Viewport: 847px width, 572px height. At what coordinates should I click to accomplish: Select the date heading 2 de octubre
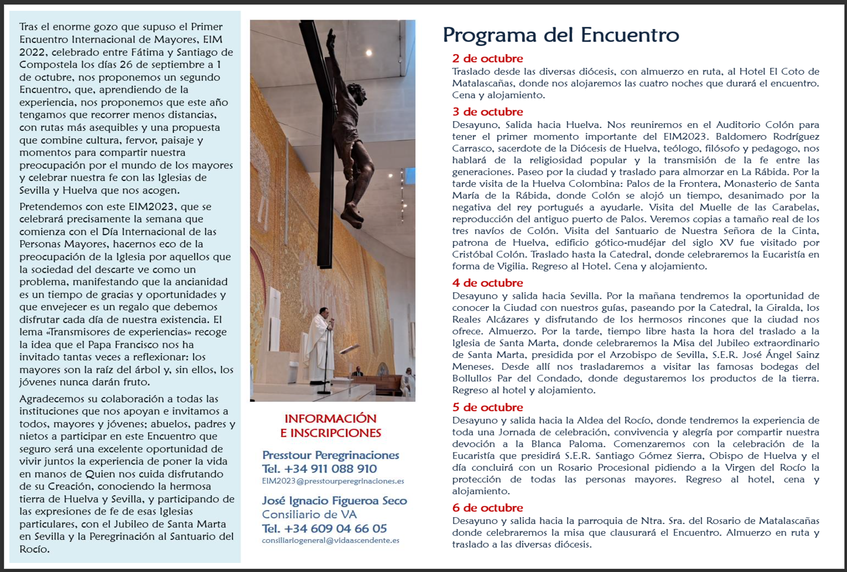[487, 58]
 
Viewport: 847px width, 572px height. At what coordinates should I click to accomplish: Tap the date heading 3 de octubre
[487, 112]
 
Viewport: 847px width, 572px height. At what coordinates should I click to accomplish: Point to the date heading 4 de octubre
[487, 283]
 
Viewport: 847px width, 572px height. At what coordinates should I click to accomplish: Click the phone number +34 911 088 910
[330, 469]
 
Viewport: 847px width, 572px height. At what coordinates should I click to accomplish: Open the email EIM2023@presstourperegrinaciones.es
[333, 481]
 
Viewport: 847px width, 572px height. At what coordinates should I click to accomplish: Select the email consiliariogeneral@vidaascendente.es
[330, 541]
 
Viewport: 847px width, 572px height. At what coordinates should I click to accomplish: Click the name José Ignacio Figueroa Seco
[334, 501]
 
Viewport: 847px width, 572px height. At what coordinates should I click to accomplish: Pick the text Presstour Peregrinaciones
[331, 455]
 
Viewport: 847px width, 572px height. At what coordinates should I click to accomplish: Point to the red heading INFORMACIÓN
[330, 419]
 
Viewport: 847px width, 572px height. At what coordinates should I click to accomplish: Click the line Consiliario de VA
[309, 514]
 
